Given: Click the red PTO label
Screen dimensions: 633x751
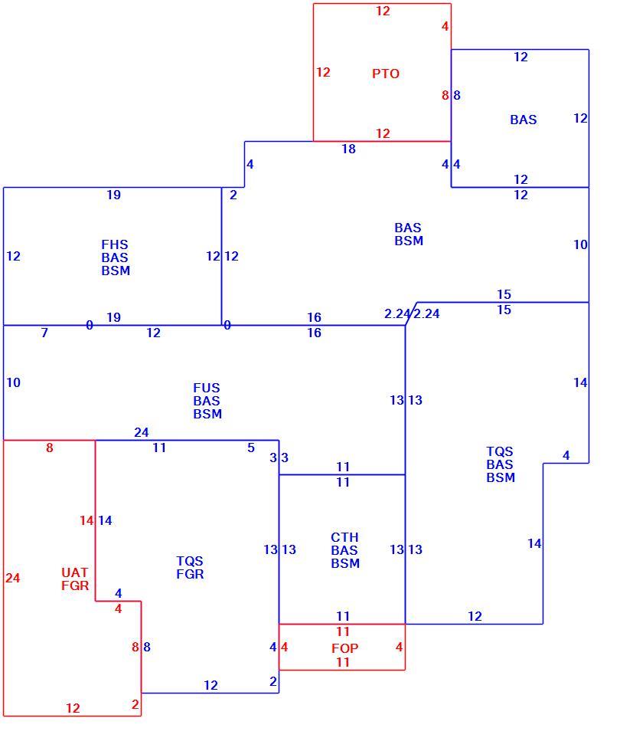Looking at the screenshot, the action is pos(385,74).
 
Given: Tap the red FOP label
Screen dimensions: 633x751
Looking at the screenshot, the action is pos(344,648).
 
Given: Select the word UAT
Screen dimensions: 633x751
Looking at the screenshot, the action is pos(75,572).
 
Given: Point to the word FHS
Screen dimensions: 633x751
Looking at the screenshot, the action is pos(114,244).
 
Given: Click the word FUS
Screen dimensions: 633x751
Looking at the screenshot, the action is pos(206,388).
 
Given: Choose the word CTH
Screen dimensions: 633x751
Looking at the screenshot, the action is pos(344,537).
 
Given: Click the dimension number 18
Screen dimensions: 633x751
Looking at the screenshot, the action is pos(348,149).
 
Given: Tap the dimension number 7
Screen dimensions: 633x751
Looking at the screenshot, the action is pos(44,333).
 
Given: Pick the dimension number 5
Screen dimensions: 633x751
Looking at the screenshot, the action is pos(251,448).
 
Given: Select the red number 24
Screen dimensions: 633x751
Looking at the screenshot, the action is pos(12,578).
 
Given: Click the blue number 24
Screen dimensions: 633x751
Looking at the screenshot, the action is pos(141,432).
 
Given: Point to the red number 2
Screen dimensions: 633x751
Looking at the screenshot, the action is pos(135,704).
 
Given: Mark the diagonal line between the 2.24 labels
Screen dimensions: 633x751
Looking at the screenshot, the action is pos(411,313).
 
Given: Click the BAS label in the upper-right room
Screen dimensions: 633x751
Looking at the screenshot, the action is pos(523,120).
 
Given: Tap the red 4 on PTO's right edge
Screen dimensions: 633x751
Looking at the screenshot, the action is pos(445,26).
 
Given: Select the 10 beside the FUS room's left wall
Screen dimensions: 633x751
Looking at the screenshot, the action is pos(13,382).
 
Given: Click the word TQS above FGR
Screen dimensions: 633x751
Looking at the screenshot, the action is pos(190,561).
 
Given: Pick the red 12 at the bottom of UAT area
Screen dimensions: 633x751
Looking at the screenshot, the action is pos(73,708).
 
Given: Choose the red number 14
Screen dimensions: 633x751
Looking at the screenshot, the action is pos(86,520).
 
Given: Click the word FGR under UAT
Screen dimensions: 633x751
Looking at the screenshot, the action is pos(75,585).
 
